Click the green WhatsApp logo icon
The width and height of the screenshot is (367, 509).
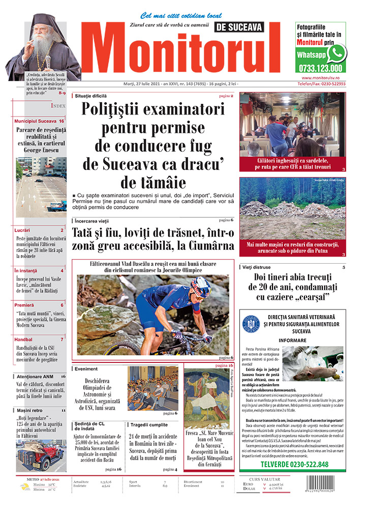click(x=337, y=53)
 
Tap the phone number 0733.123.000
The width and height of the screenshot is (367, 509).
click(x=320, y=68)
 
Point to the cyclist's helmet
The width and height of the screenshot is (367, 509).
click(x=202, y=285)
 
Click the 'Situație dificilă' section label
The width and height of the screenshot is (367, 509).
click(x=91, y=96)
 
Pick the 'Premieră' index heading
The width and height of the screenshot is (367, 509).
click(x=24, y=305)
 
